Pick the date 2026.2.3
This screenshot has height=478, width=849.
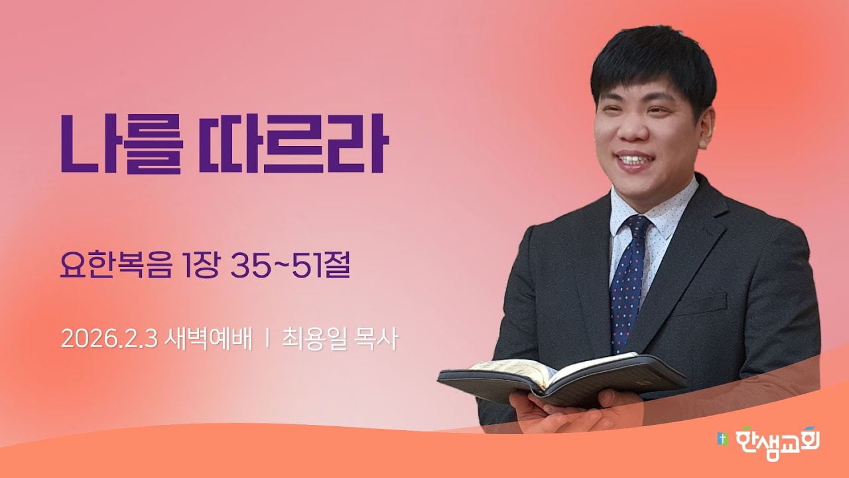(x=108, y=339)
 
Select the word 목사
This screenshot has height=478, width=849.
(x=377, y=339)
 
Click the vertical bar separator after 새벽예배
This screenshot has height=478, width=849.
(x=267, y=339)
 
